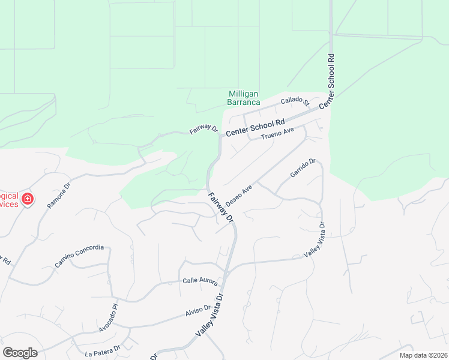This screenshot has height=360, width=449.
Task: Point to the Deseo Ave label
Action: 239,194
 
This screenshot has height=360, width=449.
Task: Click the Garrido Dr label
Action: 303,168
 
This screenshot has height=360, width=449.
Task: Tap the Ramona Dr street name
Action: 59,195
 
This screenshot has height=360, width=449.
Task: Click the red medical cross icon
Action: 27,199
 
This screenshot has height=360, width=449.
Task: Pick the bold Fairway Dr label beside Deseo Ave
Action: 220,207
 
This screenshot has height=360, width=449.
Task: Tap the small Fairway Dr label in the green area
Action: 203,130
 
